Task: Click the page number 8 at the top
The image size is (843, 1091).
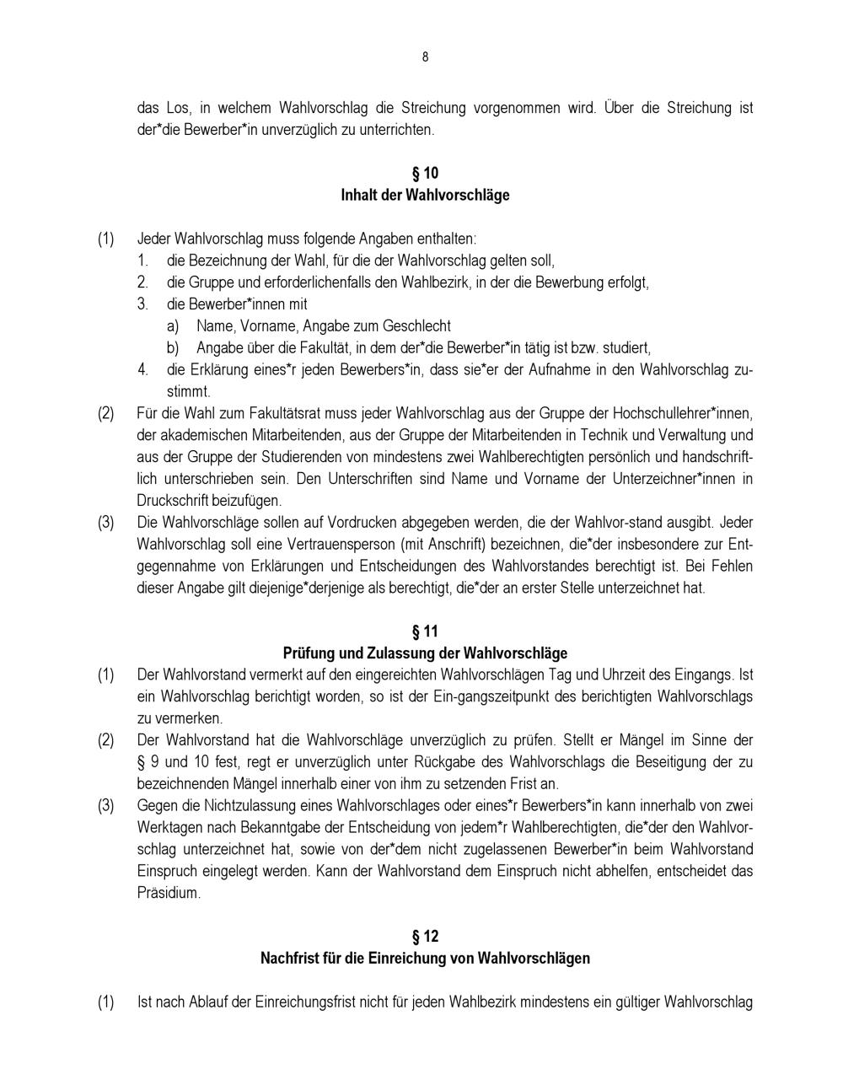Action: (x=425, y=57)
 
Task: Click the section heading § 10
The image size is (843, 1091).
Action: (x=425, y=174)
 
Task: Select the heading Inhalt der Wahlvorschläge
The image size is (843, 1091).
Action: (x=425, y=196)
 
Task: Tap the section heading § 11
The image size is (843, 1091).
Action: (x=425, y=631)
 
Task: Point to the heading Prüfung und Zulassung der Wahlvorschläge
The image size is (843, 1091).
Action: (x=425, y=653)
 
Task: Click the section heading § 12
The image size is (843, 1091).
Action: (x=425, y=937)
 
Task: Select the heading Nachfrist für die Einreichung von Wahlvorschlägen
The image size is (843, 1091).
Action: (x=425, y=959)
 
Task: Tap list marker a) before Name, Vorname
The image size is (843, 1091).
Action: (x=173, y=326)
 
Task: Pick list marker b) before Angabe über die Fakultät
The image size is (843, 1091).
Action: (x=173, y=348)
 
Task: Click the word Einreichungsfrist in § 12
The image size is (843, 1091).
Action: (x=287, y=1003)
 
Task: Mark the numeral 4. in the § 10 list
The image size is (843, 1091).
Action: (x=143, y=369)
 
